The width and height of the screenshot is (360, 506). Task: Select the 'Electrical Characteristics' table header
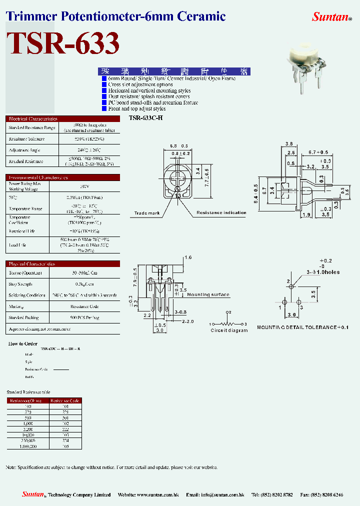[33, 119]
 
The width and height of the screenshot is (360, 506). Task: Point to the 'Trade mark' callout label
[146, 213]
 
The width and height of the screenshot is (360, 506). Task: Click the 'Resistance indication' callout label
[221, 212]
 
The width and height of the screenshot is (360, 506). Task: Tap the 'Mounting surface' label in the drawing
[208, 294]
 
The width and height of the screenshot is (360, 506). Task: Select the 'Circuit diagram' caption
[228, 330]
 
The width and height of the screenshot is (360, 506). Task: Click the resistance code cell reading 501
[65, 417]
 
